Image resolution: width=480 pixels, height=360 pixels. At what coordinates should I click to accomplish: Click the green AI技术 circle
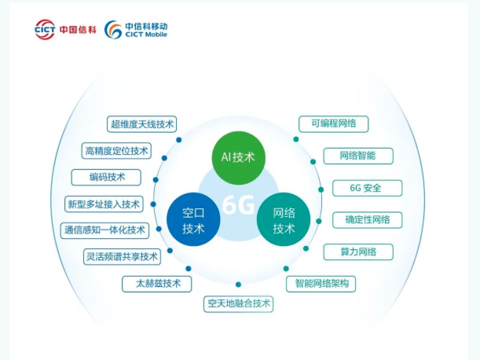(x=240, y=156)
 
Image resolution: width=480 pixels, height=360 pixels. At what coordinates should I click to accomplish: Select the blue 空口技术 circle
(x=193, y=219)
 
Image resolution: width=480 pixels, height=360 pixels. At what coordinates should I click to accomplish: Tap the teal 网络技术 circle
(x=284, y=219)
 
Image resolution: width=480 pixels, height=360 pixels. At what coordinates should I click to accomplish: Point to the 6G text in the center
(x=238, y=205)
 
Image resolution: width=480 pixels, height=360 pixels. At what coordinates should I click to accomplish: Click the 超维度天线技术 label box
(x=142, y=124)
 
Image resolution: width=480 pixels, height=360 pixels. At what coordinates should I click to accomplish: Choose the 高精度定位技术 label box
(x=116, y=151)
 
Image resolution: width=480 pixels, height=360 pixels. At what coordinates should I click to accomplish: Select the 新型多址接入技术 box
(x=104, y=204)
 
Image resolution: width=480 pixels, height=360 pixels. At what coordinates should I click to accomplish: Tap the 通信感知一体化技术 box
(x=104, y=230)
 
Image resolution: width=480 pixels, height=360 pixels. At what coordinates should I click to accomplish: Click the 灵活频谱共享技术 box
(x=122, y=256)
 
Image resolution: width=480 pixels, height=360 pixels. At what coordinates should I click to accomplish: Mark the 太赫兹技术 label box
(x=157, y=283)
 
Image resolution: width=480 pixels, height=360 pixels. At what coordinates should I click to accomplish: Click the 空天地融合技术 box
(x=239, y=303)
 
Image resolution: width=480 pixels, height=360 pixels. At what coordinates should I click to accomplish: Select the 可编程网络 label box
(x=334, y=123)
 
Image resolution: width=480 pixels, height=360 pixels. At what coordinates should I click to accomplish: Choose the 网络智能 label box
(x=357, y=156)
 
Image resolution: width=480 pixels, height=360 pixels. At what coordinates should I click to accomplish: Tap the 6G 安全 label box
(x=367, y=188)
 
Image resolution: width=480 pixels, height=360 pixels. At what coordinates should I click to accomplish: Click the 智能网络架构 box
(x=321, y=283)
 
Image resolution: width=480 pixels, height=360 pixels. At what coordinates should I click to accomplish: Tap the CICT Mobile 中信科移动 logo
(x=137, y=29)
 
